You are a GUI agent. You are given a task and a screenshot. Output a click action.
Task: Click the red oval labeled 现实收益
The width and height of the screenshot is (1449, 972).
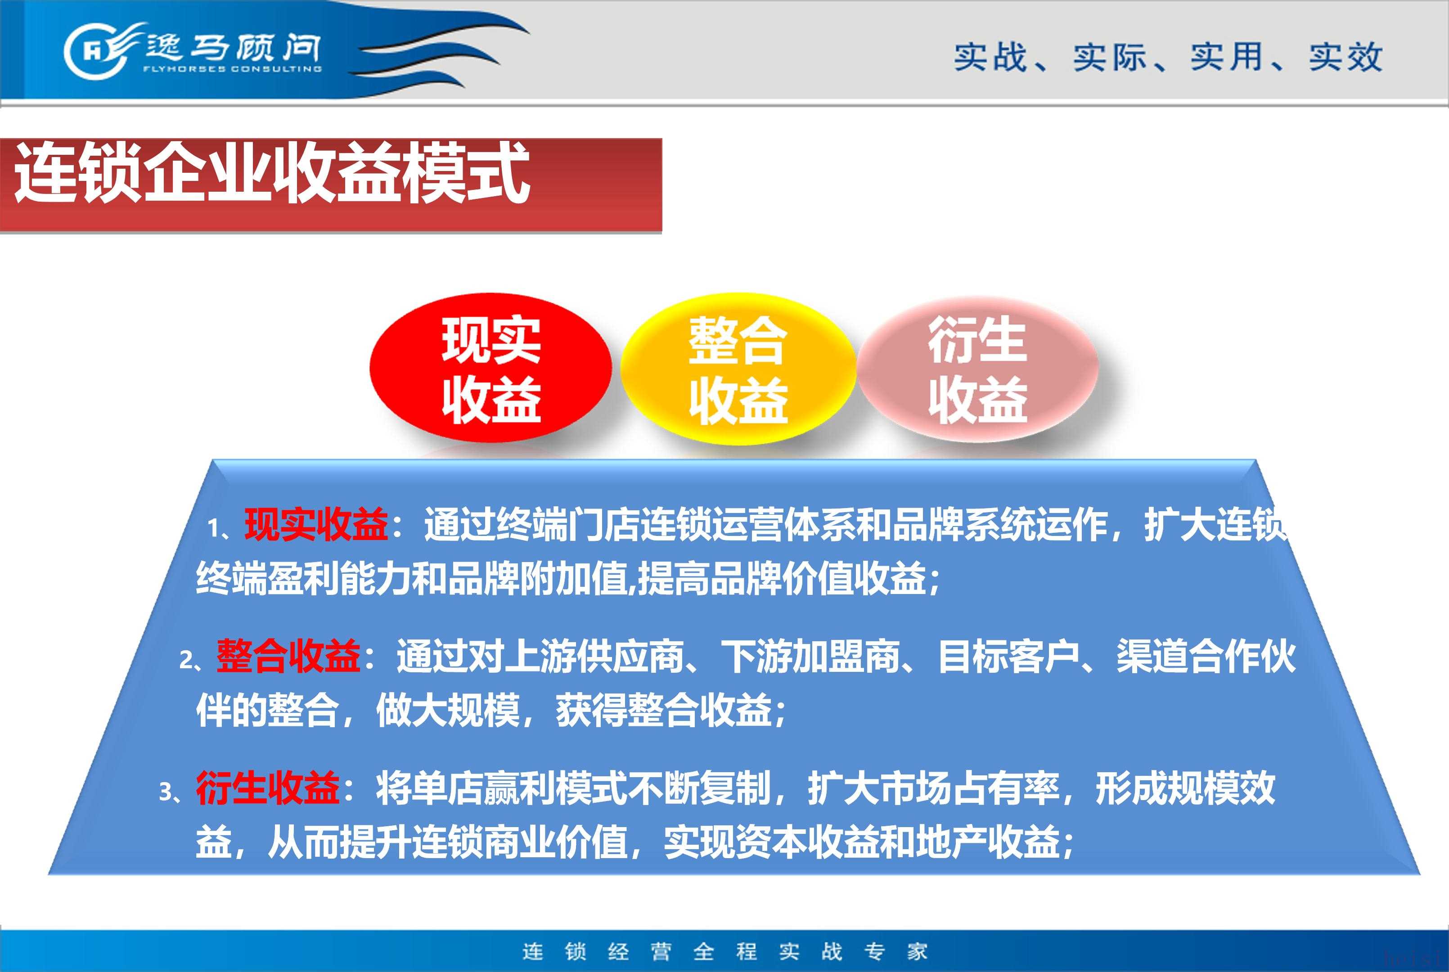point(490,368)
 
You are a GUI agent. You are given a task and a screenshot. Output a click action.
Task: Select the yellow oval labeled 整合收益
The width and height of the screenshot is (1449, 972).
point(738,369)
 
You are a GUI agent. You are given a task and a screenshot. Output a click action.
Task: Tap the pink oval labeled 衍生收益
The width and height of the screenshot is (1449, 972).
point(977,369)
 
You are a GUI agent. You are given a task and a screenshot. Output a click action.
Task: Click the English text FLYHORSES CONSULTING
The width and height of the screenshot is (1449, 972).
point(232,69)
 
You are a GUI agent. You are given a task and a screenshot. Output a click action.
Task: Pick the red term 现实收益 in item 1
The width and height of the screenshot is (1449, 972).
point(316,524)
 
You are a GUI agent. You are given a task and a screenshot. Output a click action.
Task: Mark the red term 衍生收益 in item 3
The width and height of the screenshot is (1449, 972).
point(268,788)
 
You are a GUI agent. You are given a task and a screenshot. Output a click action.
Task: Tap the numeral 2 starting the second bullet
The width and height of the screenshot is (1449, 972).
point(186,660)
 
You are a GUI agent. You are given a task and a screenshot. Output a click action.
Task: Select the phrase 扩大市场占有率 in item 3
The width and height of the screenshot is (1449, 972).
point(933,788)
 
